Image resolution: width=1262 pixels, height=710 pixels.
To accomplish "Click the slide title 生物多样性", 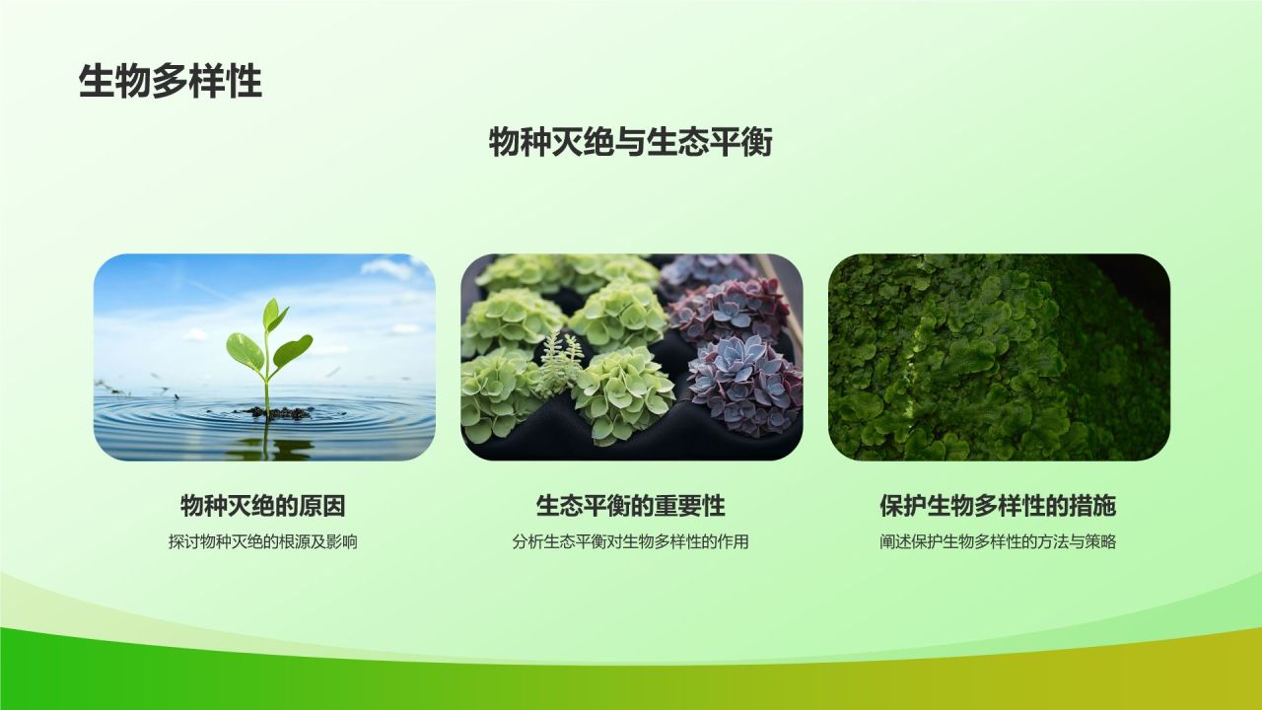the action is click(171, 82).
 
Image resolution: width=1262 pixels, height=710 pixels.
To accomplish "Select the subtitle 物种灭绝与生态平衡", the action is click(630, 142).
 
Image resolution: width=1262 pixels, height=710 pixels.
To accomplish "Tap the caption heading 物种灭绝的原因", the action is click(263, 506).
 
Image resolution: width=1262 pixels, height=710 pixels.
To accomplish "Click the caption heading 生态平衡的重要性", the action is click(630, 506).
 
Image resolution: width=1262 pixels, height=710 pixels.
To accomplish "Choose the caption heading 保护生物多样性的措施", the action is click(998, 506).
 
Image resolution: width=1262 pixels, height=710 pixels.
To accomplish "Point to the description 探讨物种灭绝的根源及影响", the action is click(263, 542).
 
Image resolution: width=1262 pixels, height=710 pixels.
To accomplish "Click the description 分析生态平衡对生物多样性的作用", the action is click(630, 542).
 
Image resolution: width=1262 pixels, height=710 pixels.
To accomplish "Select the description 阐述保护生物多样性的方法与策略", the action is click(998, 542).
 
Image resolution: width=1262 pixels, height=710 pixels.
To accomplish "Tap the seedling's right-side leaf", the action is click(293, 350).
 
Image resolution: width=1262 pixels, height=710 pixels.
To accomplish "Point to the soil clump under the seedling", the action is click(279, 413).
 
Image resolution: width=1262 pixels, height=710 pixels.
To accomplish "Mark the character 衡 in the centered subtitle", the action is click(755, 142).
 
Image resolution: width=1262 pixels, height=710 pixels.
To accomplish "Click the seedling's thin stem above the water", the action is click(267, 372).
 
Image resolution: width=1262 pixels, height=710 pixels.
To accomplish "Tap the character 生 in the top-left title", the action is click(97, 82).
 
